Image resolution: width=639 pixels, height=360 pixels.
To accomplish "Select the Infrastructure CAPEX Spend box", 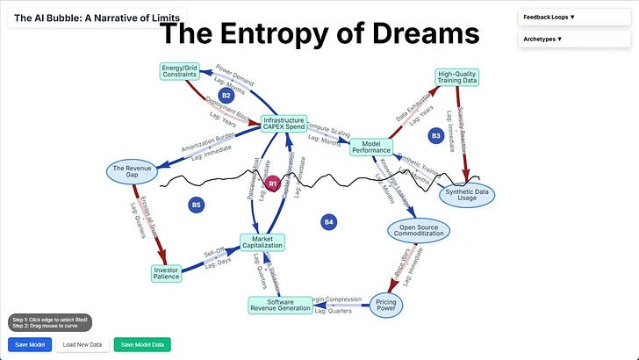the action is coord(284,124).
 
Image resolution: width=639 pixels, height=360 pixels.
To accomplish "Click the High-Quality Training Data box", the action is coord(457,76).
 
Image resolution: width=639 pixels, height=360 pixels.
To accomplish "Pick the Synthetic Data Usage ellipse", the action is coord(467,195).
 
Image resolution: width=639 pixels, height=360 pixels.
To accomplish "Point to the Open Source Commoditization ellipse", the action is coord(419,230).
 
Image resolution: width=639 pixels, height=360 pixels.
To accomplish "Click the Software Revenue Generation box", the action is coord(281,305).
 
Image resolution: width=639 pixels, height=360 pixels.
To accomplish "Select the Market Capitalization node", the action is coord(262,241).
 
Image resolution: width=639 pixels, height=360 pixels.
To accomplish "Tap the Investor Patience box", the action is coord(166,273).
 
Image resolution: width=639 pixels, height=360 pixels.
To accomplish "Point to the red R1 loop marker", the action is coord(273,184).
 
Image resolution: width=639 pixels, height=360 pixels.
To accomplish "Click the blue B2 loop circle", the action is coord(226,95).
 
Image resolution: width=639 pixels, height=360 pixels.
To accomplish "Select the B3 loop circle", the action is coord(435,135).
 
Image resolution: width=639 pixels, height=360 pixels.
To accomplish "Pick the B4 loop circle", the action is coord(328,221).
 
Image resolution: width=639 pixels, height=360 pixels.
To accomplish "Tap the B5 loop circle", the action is coord(196,205).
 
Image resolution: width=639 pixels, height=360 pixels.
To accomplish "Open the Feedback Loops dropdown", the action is coord(575,16).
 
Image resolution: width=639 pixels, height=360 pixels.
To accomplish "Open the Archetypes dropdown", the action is coord(575,39).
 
